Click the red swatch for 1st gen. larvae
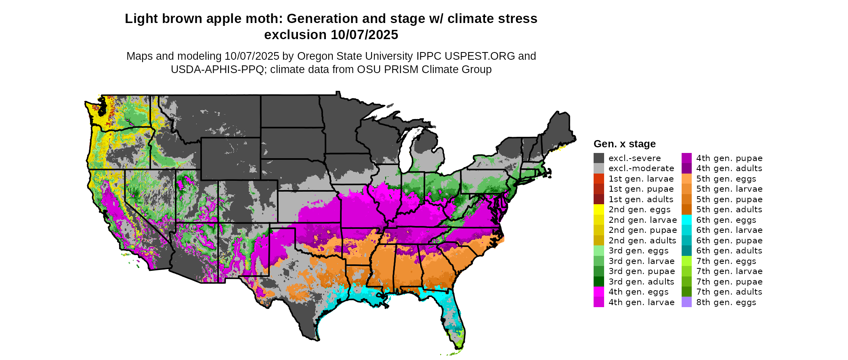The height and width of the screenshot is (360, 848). [598, 179]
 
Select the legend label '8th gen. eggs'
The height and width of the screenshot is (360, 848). [726, 302]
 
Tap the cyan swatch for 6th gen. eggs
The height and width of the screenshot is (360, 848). [686, 220]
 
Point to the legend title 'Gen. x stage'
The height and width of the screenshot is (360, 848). [624, 144]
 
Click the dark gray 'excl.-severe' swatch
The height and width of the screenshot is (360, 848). [598, 158]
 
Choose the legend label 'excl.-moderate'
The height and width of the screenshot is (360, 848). [641, 168]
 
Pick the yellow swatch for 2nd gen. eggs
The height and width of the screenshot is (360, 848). [598, 209]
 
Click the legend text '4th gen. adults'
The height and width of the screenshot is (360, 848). [729, 168]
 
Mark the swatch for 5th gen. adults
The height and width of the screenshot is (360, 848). [686, 209]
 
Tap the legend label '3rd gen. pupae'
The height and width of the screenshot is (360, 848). [642, 271]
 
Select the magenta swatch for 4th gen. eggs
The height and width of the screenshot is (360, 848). [598, 292]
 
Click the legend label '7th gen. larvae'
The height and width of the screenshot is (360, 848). [729, 271]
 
